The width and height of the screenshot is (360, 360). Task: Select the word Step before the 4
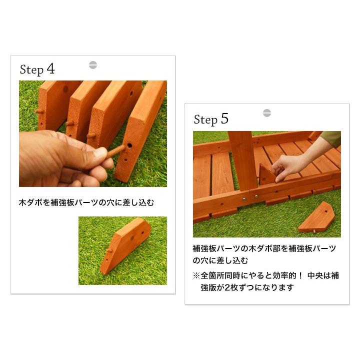[31, 70]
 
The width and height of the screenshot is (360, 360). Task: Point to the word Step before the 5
[205, 120]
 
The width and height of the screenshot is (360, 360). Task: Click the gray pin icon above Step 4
[92, 65]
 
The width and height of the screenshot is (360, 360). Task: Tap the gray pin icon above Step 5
[266, 113]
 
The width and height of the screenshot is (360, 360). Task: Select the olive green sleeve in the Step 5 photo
[330, 138]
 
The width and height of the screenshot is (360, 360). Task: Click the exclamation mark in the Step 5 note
[299, 276]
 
